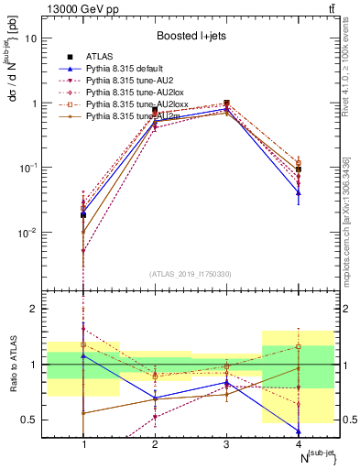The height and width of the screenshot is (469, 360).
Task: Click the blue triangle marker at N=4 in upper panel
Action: (299, 192)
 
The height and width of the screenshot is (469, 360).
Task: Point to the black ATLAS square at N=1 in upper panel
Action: (83, 214)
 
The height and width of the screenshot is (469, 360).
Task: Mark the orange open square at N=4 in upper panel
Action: (299, 163)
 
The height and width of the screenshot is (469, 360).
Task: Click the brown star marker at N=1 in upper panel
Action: (83, 232)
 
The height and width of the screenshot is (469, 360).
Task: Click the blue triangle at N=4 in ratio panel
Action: (299, 431)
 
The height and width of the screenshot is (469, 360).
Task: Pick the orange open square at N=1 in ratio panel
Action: (83, 345)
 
